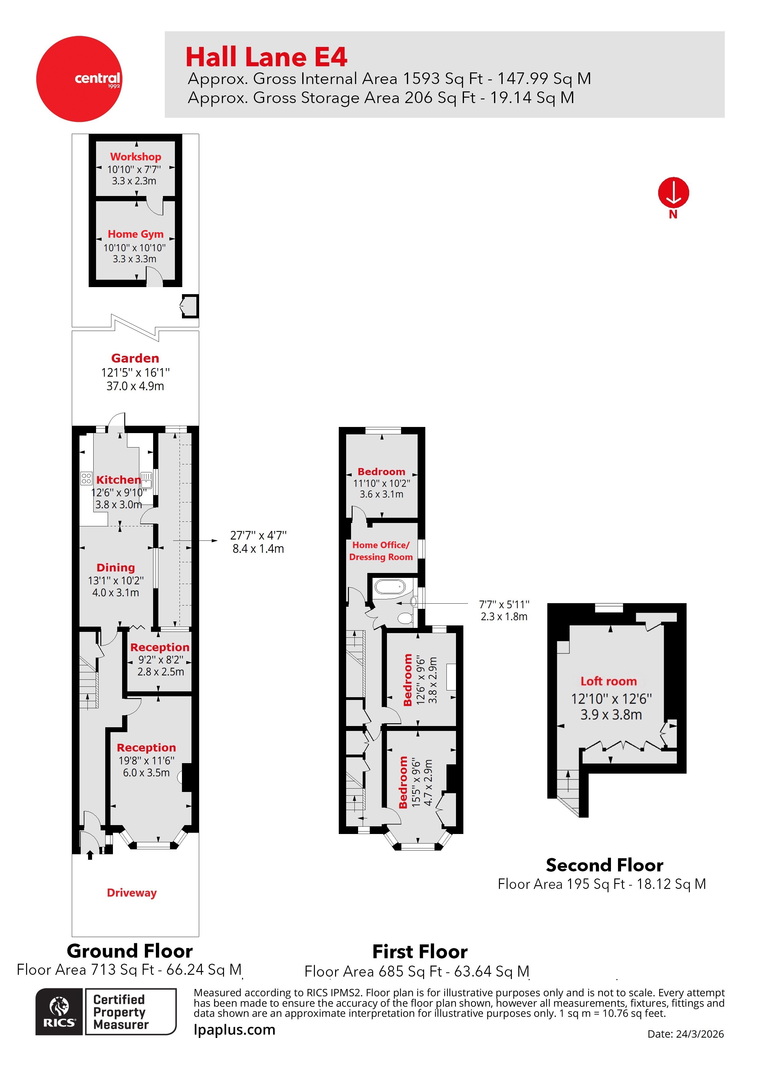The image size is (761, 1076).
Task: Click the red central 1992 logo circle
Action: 79,79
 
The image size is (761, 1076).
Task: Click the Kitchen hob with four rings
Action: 86,478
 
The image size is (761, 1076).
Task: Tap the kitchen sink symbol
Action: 146,480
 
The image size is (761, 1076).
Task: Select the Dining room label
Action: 116,567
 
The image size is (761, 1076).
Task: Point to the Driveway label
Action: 132,893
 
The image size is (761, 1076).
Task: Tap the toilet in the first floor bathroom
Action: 405,618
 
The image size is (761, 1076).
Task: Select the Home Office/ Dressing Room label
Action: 381,551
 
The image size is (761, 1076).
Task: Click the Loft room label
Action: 608,682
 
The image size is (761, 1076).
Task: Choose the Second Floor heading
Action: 605,865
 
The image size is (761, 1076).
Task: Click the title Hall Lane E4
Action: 266,57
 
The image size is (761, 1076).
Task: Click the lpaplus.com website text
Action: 234,1030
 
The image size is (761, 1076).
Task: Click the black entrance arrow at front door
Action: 90,855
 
